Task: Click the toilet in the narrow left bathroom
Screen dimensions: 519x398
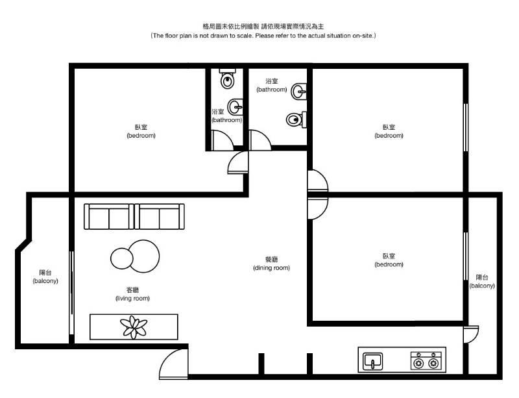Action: [x=228, y=78]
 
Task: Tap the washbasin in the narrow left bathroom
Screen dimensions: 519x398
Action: [x=235, y=106]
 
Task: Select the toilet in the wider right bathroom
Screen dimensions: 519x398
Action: [x=296, y=119]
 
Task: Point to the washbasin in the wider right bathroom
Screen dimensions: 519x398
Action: [x=298, y=91]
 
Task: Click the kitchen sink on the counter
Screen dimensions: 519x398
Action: [x=373, y=361]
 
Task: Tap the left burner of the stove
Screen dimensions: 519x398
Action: [x=418, y=364]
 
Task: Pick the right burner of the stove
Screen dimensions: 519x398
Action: [x=433, y=364]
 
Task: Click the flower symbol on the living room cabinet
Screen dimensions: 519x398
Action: [x=134, y=327]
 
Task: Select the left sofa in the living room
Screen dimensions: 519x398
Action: [x=109, y=216]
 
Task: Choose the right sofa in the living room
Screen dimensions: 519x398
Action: [x=160, y=216]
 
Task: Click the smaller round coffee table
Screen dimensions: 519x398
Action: [x=121, y=258]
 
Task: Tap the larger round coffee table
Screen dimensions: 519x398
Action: [x=143, y=256]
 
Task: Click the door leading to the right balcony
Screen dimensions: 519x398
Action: [x=471, y=335]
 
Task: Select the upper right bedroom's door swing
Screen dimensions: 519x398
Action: [x=318, y=180]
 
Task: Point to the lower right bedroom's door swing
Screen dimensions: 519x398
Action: [x=318, y=208]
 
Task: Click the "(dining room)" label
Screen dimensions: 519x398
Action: [x=271, y=267]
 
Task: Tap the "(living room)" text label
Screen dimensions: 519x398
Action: [x=132, y=298]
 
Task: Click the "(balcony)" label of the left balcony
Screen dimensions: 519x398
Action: [x=45, y=281]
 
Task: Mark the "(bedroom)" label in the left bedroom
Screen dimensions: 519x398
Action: [x=141, y=136]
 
